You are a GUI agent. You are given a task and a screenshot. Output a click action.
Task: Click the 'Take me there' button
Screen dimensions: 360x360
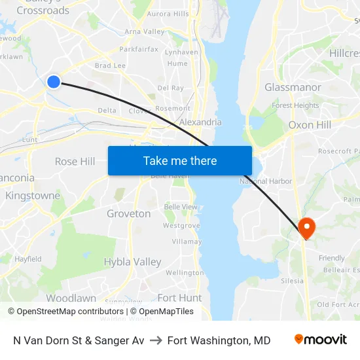180,160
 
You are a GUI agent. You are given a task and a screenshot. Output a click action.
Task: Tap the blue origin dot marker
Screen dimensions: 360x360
54,81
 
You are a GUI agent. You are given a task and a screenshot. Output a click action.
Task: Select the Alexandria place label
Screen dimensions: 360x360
200,122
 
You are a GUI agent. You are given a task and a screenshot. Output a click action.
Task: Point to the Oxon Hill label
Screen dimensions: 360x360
310,125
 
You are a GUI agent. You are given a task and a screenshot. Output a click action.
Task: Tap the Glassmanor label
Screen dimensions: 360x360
293,87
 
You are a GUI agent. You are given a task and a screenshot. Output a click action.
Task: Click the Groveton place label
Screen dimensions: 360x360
128,213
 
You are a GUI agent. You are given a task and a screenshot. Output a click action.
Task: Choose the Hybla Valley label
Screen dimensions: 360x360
132,262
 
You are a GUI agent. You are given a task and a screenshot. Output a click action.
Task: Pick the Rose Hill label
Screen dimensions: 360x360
75,161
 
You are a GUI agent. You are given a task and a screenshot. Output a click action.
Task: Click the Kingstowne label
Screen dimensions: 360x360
33,196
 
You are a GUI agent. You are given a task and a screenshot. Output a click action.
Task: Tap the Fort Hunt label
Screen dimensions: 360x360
179,298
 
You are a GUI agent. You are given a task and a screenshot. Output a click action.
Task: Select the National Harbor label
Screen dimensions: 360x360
264,181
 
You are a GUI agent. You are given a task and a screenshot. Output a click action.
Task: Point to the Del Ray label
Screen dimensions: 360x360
170,88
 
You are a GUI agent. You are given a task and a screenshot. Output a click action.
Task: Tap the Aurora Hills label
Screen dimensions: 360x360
168,14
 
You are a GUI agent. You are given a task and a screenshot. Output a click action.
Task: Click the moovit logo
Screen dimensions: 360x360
320,340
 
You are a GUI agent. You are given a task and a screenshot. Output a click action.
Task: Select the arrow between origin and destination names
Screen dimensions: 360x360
156,340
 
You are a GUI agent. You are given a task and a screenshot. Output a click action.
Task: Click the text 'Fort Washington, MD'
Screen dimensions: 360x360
219,340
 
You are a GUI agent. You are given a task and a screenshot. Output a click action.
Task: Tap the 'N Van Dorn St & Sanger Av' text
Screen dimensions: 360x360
79,340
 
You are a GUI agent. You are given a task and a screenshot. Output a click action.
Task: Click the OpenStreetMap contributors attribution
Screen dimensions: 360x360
68,312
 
